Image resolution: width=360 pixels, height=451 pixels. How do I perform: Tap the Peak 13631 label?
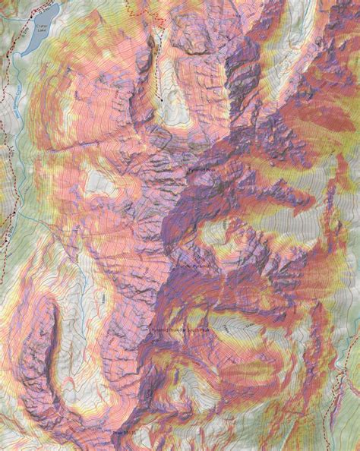click(122, 433)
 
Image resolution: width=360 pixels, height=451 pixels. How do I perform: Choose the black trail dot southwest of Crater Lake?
click(8, 58)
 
